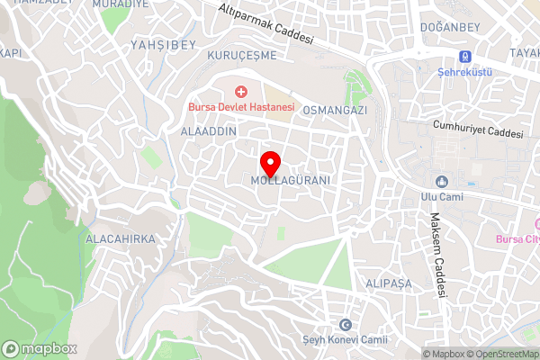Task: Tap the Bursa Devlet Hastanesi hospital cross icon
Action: (240, 92)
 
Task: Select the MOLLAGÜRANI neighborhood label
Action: (292, 181)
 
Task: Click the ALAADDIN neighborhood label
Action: (209, 131)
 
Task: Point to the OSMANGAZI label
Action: (336, 110)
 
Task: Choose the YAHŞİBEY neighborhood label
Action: (163, 43)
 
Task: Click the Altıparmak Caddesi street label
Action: (265, 25)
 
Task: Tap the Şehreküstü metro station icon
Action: (466, 56)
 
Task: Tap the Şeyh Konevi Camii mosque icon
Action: (344, 325)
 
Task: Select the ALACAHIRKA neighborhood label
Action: (120, 239)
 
